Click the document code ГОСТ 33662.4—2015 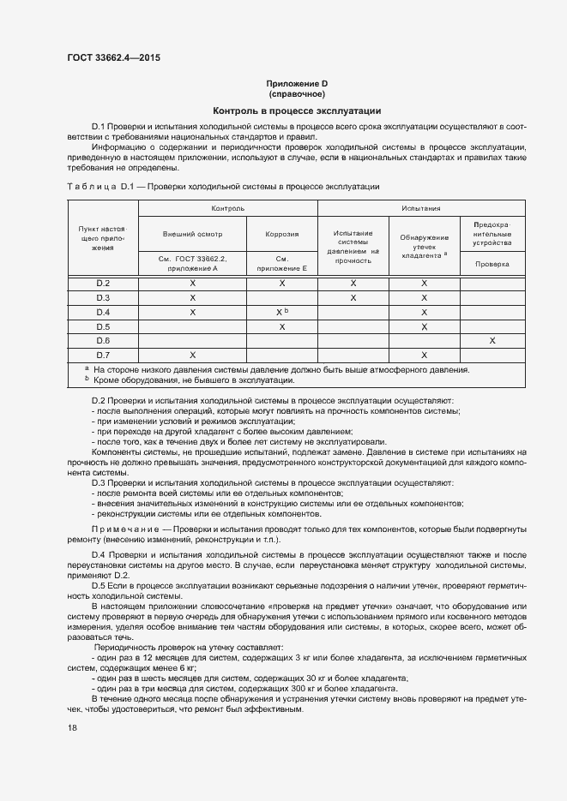pos(113,57)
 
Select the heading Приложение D pos(297,83)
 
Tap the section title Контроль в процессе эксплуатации pos(297,111)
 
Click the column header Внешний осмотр pos(192,233)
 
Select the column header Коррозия pos(281,233)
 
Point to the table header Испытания pos(420,208)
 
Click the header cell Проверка pos(492,264)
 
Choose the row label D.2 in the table pos(103,283)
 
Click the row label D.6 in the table pos(103,341)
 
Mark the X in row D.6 pos(492,341)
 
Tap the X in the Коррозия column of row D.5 pos(281,326)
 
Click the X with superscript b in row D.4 pos(281,312)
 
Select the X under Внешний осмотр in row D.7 pos(192,356)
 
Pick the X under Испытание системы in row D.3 pos(353,297)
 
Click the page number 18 pos(71,727)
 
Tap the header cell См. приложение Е pos(281,264)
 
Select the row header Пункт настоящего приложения pos(103,239)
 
